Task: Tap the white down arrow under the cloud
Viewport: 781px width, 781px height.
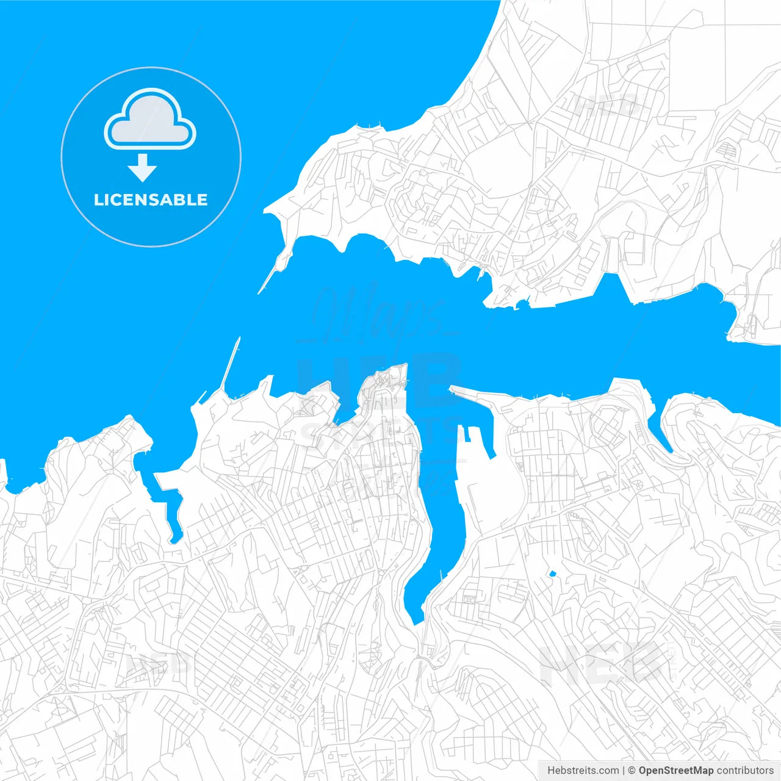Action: coord(143,168)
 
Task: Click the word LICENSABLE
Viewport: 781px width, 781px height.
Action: coord(151,200)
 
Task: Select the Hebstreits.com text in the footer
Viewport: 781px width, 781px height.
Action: coord(583,771)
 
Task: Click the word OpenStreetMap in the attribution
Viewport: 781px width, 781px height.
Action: coord(675,771)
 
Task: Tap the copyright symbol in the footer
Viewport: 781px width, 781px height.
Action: coord(632,771)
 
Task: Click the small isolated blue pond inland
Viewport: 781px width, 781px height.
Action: coord(553,574)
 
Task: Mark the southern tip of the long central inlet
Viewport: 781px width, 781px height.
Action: coord(417,621)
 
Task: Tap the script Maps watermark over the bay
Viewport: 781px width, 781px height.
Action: coord(378,311)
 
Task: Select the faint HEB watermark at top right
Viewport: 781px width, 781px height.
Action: coord(607,106)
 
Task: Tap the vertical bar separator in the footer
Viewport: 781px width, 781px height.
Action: coord(623,771)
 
